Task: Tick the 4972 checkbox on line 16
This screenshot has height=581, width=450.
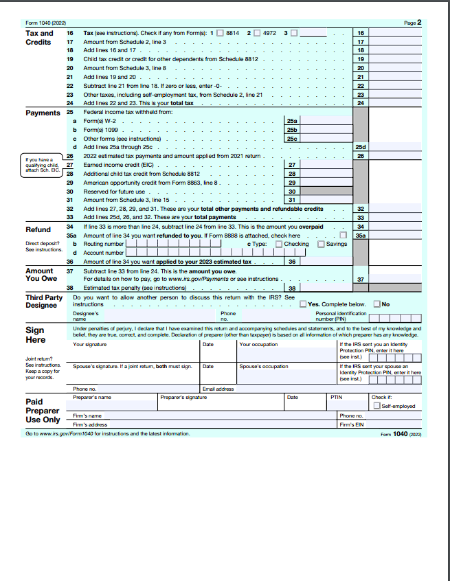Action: (x=257, y=32)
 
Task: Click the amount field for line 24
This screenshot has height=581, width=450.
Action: (x=395, y=103)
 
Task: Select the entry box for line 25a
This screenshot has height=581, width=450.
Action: (x=326, y=121)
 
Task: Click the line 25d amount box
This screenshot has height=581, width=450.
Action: (x=395, y=147)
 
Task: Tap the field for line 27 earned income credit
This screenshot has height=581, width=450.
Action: (x=326, y=166)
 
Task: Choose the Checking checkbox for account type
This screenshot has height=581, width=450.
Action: (x=278, y=244)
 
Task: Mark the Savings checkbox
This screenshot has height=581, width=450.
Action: (x=321, y=244)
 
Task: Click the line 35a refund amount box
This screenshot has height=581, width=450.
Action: (x=395, y=236)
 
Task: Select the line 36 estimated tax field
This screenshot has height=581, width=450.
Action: (x=326, y=262)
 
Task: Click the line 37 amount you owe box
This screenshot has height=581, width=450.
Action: (x=395, y=279)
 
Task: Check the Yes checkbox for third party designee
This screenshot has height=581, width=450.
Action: (x=303, y=304)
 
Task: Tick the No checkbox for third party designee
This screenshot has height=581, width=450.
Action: (x=376, y=304)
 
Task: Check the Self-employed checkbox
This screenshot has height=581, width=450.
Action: (x=376, y=406)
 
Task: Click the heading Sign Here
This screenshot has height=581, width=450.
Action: (x=35, y=335)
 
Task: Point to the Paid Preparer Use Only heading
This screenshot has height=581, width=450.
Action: (x=43, y=410)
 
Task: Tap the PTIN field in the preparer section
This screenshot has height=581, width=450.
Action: (x=348, y=406)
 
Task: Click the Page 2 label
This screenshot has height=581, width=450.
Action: (x=413, y=23)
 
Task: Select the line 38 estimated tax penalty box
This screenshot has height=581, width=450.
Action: (x=326, y=288)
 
